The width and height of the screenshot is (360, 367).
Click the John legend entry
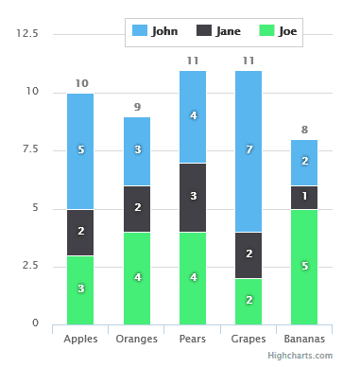click(x=157, y=30)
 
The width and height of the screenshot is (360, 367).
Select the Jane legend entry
click(x=218, y=30)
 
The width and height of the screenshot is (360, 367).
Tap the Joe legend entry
click(x=279, y=30)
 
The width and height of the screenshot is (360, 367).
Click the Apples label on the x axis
click(x=80, y=338)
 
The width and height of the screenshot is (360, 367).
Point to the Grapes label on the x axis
click(x=249, y=338)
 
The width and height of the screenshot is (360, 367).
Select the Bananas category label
click(x=304, y=338)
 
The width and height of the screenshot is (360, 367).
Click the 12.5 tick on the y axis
click(x=28, y=34)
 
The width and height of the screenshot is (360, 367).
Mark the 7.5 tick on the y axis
click(x=31, y=149)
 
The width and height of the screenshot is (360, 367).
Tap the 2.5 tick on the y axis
click(x=31, y=265)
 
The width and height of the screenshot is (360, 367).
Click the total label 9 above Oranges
click(x=137, y=107)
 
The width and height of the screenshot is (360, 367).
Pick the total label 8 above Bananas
click(x=304, y=131)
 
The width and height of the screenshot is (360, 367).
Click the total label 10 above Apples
click(x=81, y=84)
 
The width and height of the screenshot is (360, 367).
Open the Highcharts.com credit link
click(x=300, y=355)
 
